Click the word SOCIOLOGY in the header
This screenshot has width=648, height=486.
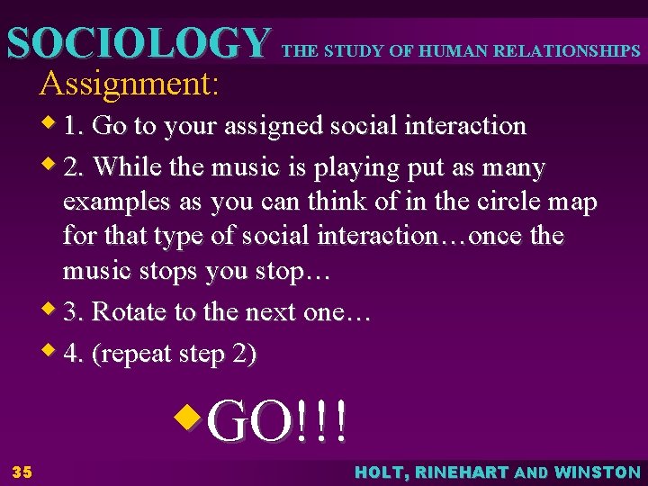tap(136, 43)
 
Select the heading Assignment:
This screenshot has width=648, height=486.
tap(129, 84)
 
